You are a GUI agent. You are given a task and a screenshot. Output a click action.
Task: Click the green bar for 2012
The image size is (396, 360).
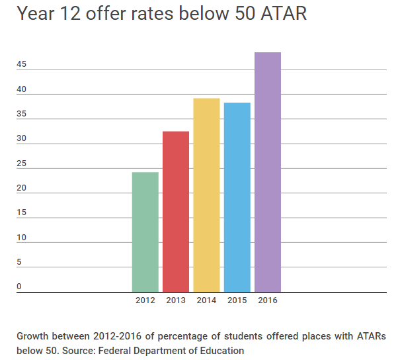click(x=145, y=232)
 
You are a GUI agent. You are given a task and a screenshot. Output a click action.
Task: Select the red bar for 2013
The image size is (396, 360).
click(x=176, y=211)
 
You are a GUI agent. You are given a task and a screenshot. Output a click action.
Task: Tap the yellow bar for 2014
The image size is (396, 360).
click(x=206, y=195)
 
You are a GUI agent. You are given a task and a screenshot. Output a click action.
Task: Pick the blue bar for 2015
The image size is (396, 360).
click(x=237, y=197)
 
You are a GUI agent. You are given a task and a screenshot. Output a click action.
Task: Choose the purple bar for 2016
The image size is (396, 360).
click(x=268, y=172)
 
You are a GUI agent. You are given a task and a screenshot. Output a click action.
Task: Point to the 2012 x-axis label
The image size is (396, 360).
click(x=145, y=300)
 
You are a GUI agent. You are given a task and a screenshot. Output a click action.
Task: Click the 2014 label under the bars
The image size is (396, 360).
click(x=206, y=300)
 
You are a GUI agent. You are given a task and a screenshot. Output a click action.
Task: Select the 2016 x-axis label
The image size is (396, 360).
click(x=268, y=300)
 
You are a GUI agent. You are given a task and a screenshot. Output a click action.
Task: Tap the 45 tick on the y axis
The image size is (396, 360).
click(x=22, y=64)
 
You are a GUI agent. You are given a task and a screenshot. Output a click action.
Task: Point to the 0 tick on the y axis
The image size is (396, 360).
click(x=19, y=287)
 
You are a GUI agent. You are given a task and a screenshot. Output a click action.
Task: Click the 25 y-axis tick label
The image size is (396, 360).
click(x=22, y=163)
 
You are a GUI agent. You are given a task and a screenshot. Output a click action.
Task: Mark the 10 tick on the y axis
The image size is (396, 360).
click(x=22, y=238)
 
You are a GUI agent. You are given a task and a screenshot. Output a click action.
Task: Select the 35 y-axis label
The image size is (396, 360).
click(x=22, y=114)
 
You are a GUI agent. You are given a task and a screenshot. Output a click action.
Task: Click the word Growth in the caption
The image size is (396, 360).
click(x=34, y=336)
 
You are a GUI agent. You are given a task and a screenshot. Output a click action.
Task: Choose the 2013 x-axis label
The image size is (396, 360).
click(x=176, y=300)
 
